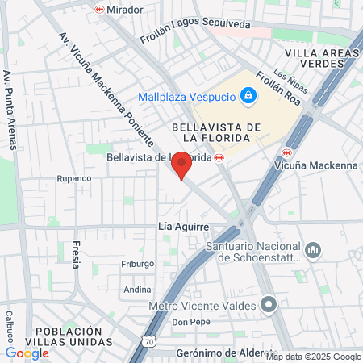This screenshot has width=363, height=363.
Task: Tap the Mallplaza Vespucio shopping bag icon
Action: pos(248,97)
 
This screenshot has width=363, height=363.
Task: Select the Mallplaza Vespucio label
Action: pos(186,97)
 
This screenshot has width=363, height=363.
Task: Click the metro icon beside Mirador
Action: pos(99,10)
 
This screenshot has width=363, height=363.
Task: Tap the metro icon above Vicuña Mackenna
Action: pos(287,153)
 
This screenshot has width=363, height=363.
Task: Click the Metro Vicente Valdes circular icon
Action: pos(270,306)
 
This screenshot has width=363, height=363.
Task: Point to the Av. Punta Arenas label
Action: pos(10,110)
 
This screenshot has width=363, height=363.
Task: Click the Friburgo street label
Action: pos(137,264)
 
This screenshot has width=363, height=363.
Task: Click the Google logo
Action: pos(27,353)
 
